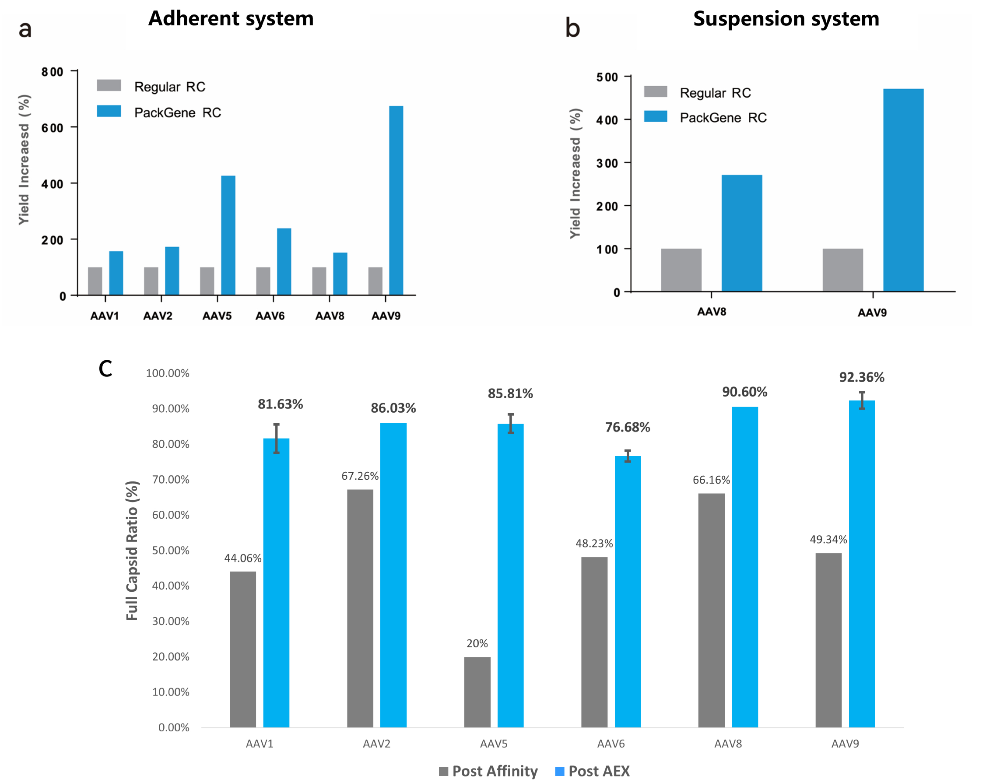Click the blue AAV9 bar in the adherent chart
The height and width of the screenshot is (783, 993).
(x=396, y=200)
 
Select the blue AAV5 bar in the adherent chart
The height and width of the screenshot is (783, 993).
(x=228, y=235)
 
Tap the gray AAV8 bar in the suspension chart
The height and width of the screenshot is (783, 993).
(x=681, y=270)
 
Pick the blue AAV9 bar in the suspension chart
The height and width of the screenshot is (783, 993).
(x=903, y=190)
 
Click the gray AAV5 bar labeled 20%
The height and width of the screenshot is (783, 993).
(x=477, y=692)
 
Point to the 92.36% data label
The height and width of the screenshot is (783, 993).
(x=862, y=377)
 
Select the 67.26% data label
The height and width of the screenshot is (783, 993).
(x=360, y=476)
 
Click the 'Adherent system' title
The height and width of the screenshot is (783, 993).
(x=231, y=19)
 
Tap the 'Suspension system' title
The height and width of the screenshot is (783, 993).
(x=786, y=19)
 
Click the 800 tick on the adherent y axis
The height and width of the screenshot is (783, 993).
(x=52, y=72)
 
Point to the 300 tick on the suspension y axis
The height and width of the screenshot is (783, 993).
(x=607, y=163)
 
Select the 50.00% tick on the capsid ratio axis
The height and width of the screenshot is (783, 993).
(x=171, y=550)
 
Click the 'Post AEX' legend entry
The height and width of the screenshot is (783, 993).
(x=592, y=771)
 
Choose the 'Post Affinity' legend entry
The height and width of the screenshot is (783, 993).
(x=488, y=771)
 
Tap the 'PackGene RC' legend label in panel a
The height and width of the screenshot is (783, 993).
(x=177, y=113)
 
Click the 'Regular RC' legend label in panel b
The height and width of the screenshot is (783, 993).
(x=715, y=93)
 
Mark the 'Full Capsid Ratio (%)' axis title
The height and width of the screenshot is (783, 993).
(x=132, y=551)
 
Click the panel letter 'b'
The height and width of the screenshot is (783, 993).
(x=572, y=28)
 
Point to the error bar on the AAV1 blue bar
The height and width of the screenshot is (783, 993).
(x=277, y=439)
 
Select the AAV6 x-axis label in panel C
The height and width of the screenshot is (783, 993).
(x=611, y=744)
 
